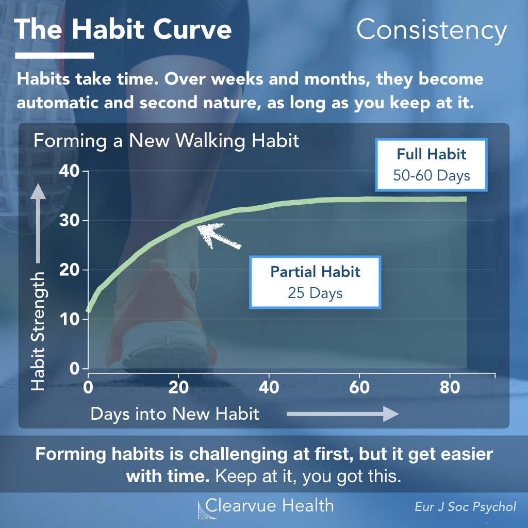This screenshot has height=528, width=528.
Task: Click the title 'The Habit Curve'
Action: (123, 29)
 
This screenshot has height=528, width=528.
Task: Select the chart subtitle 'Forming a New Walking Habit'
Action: (167, 141)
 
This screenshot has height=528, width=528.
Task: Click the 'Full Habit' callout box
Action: (432, 164)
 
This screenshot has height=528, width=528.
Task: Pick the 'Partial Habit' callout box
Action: (315, 282)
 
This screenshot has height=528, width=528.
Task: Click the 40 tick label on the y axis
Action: (69, 171)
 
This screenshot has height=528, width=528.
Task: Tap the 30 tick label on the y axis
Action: (69, 221)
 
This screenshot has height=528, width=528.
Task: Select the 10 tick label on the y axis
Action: (69, 319)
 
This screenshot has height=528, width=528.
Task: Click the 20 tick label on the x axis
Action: (178, 387)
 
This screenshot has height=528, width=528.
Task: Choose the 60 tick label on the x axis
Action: (359, 387)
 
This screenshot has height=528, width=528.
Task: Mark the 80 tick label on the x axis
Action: (450, 387)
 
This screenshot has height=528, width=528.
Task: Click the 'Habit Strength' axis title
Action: (38, 332)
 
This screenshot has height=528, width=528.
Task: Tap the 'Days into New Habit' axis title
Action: (175, 414)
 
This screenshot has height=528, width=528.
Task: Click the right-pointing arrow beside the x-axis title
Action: (343, 414)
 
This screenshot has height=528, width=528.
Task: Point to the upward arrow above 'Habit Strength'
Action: (38, 223)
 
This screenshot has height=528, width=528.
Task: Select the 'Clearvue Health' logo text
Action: (269, 506)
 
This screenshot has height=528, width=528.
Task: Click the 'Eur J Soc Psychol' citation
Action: (466, 507)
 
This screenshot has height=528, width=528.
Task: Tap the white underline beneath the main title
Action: (55, 56)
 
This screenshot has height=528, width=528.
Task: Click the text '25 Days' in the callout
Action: (315, 293)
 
